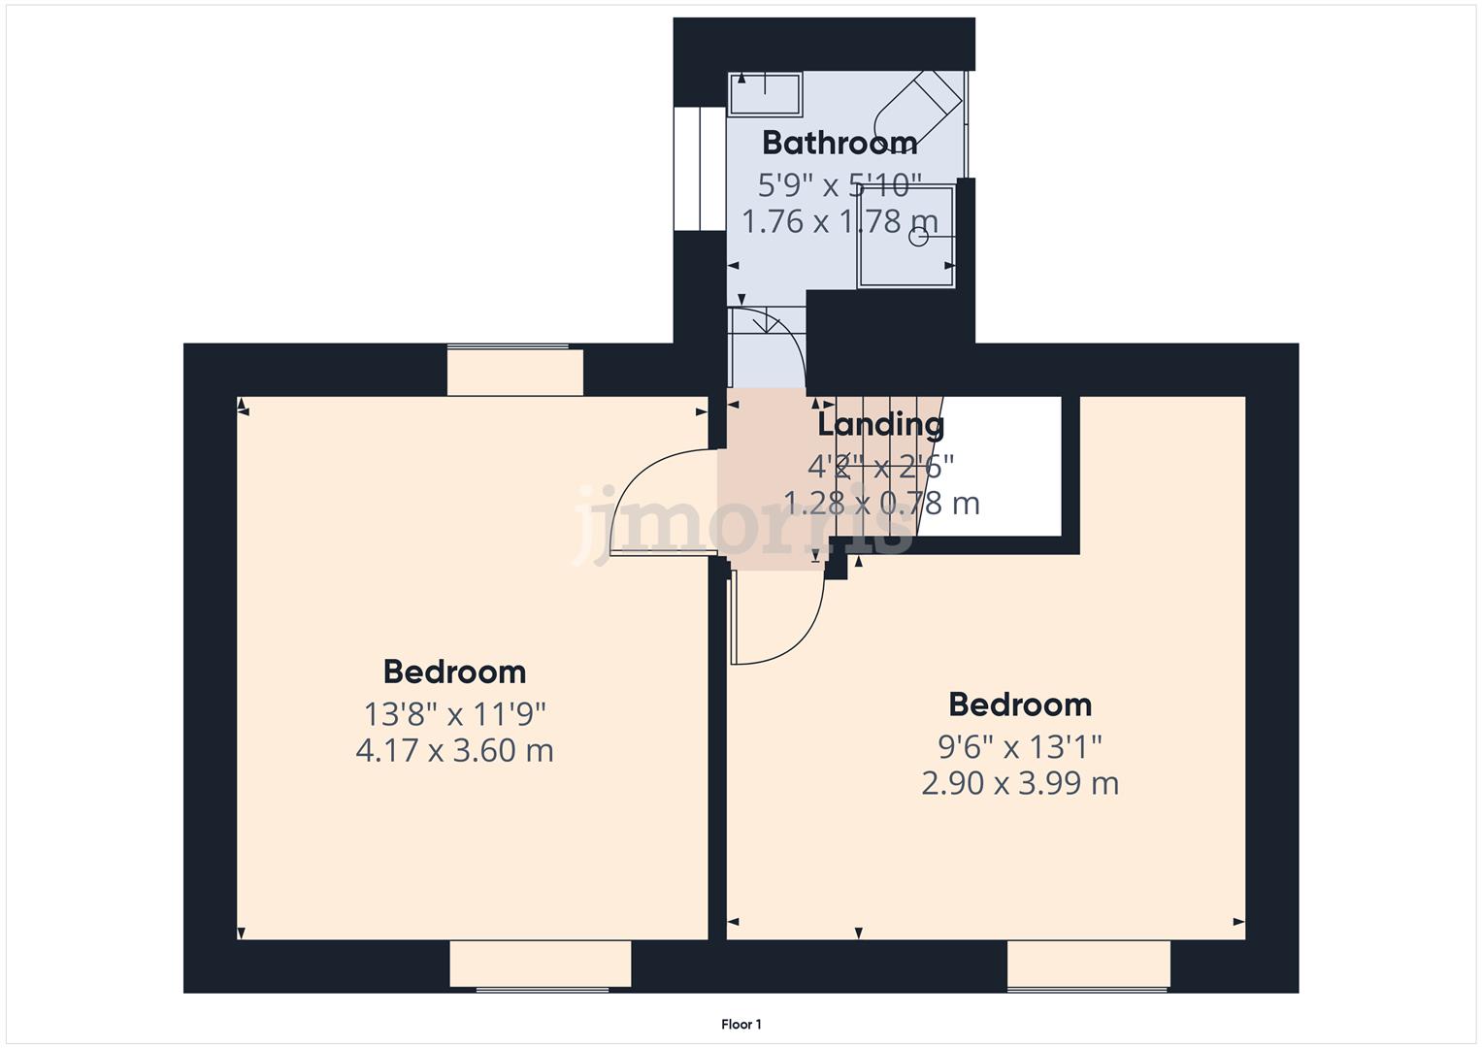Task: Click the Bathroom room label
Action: click(x=840, y=143)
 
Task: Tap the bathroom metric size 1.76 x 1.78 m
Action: click(x=840, y=221)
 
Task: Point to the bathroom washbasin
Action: click(x=765, y=94)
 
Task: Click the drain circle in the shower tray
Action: click(x=917, y=236)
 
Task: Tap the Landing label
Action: click(x=880, y=424)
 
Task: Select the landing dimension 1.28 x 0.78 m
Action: click(x=880, y=503)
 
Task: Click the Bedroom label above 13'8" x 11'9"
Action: click(x=454, y=671)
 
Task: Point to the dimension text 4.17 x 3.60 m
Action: click(x=454, y=750)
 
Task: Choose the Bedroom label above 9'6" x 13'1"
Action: click(x=1019, y=704)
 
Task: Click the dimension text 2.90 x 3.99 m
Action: click(x=1019, y=783)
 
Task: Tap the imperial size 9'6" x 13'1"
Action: click(x=1019, y=747)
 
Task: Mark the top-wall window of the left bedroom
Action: click(x=514, y=371)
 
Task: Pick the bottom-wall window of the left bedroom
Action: click(x=541, y=966)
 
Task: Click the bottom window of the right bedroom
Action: click(x=1088, y=966)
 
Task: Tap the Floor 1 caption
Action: click(x=741, y=1024)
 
